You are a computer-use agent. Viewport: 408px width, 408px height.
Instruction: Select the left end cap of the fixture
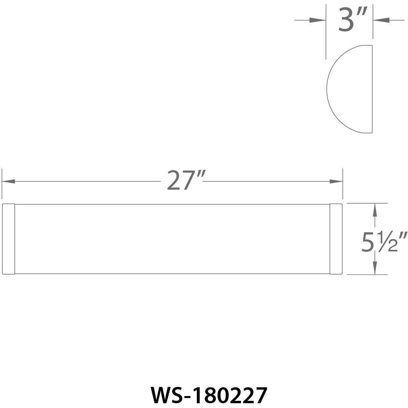coord(9,239)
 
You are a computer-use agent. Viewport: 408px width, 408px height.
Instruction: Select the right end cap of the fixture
coord(336,239)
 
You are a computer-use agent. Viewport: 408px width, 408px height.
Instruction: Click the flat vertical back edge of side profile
coord(372,89)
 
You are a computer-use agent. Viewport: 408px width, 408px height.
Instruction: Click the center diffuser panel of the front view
coord(172,239)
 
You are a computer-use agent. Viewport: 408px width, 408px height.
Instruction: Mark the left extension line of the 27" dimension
coord(2,183)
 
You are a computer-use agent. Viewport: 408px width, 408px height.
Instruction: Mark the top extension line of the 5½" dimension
coord(367,203)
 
